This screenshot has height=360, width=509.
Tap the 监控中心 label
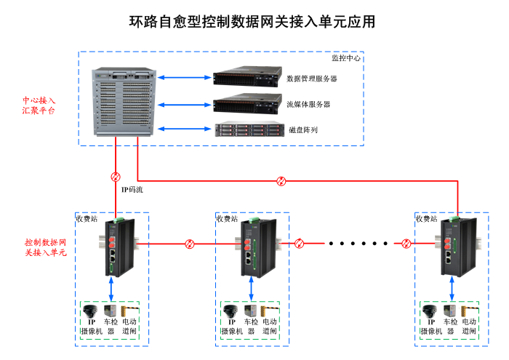coord(345,58)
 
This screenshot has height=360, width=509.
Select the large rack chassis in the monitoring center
coord(124,103)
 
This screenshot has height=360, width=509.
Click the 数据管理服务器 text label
coord(312,79)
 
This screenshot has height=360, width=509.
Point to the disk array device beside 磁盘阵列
coord(247,130)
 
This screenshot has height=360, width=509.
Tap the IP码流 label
coord(132,190)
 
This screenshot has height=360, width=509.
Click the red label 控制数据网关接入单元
coord(46,247)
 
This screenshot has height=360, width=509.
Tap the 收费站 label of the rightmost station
coord(426,218)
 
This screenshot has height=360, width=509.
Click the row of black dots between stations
coord(354,243)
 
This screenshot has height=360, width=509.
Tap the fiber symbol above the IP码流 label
coord(115,177)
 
